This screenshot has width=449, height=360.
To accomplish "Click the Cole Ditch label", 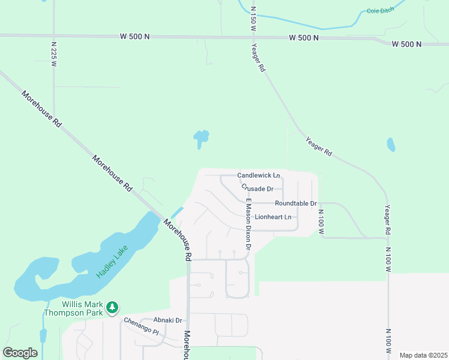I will coord(381,11).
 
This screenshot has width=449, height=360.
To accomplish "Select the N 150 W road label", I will coord(253,19).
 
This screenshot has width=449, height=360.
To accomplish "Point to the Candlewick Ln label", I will coord(259,175).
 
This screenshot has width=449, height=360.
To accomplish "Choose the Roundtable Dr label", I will coord(296,204).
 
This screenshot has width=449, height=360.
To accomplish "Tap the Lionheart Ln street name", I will coord(273,217).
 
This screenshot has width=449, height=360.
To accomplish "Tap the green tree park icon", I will coord(112,308).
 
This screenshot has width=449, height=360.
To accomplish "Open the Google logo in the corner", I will coord(20,353).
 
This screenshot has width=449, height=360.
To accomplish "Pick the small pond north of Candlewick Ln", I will coord(201,139).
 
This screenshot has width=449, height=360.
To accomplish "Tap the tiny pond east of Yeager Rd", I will coord(391,145).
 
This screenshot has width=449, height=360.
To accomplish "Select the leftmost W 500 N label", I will coord(134,37).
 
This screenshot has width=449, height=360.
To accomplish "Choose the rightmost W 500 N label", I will coord(406,44).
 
